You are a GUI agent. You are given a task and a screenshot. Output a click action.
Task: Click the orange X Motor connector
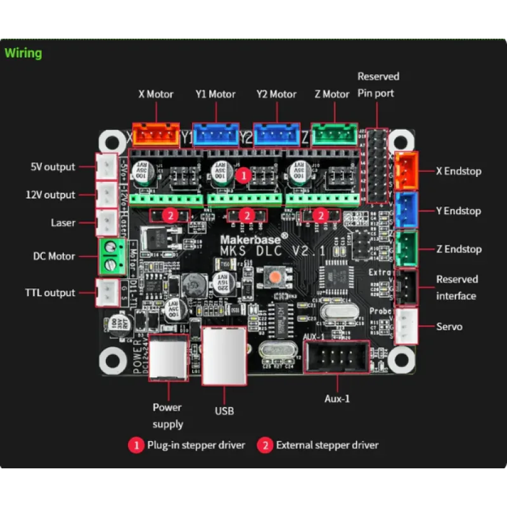click(x=155, y=134)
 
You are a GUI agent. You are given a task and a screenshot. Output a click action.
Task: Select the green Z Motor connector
click(x=333, y=134)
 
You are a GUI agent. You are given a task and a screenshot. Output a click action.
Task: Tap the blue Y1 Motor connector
click(x=215, y=134)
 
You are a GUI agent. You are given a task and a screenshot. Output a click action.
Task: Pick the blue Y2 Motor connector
click(x=276, y=134)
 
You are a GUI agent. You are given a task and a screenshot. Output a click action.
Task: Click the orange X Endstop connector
click(x=406, y=171)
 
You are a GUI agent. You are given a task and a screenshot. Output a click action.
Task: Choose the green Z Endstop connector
click(x=406, y=249)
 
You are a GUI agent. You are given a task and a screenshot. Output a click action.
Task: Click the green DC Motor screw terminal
click(x=110, y=257)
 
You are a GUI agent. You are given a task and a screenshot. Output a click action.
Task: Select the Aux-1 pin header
click(x=337, y=357)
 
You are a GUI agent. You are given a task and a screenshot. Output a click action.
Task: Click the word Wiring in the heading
click(x=23, y=53)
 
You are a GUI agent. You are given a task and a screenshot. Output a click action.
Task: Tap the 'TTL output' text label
click(x=50, y=293)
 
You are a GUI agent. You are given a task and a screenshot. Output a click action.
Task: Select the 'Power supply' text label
click(x=167, y=416)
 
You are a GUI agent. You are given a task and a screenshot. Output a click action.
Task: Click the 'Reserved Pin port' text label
click(x=378, y=84)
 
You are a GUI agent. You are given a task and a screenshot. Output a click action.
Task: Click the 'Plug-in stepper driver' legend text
click(x=196, y=445)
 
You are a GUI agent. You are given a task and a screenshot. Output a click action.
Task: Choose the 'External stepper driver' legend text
click(x=327, y=445)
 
